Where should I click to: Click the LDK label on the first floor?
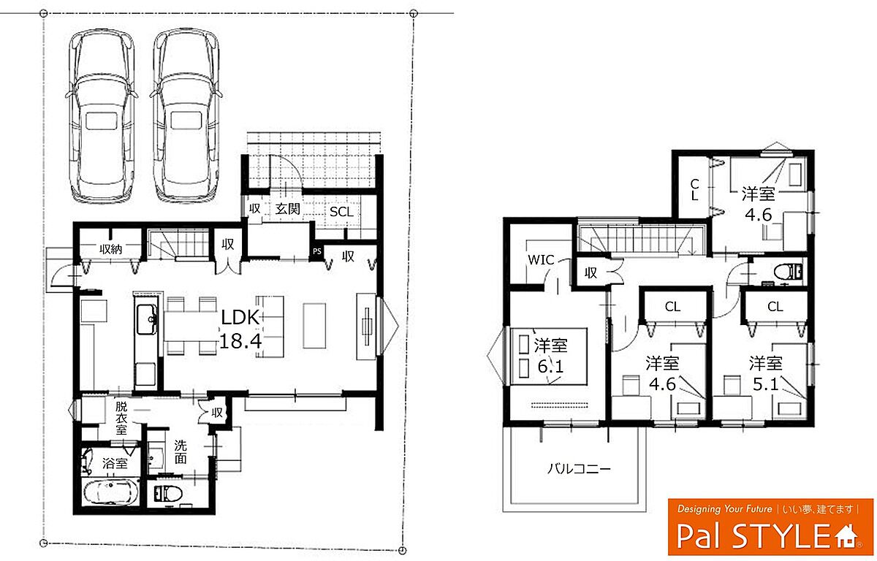point(240,317)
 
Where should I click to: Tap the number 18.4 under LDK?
point(240,341)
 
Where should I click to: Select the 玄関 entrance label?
point(288,209)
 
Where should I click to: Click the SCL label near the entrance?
point(341,212)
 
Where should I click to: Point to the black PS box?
point(317,251)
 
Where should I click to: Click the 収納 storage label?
point(111,249)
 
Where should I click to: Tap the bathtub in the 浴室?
point(111,492)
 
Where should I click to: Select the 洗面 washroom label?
point(181,451)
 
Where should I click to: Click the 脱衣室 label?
point(121,419)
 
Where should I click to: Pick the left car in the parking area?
point(101,117)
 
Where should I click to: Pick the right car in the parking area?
point(185,117)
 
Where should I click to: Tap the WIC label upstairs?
point(541,260)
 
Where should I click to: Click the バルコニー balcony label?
point(579,468)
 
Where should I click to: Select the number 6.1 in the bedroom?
point(550,366)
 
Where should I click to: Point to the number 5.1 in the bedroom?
point(766,384)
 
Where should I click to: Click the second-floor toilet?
point(788,272)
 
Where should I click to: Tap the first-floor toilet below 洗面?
point(167,493)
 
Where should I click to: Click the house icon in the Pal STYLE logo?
point(846,536)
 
